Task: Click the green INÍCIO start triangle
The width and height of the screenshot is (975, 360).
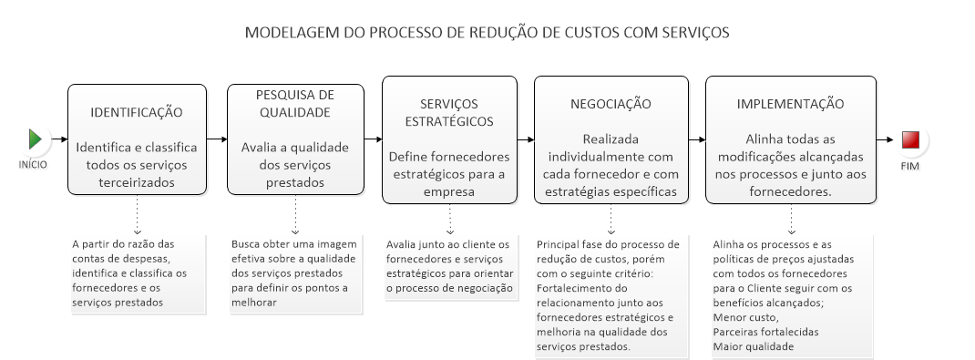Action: click(x=35, y=139)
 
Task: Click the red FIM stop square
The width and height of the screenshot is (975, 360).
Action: click(x=910, y=139)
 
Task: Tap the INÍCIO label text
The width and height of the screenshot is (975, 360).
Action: click(x=33, y=165)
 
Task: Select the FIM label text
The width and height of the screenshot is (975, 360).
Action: click(x=910, y=166)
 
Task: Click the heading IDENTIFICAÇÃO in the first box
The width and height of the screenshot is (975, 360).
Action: click(x=137, y=112)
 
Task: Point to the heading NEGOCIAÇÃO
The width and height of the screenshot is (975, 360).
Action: click(x=611, y=104)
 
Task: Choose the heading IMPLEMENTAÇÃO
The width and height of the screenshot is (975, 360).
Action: click(x=790, y=104)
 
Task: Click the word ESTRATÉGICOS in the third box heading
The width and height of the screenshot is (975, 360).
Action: click(x=449, y=121)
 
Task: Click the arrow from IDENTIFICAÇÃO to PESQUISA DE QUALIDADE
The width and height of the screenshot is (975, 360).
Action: click(x=217, y=139)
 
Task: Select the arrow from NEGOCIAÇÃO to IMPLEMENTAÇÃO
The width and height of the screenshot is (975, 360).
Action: click(x=697, y=139)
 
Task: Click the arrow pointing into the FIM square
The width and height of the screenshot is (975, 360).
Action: click(x=885, y=139)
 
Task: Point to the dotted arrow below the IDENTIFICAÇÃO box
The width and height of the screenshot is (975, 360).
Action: click(x=138, y=214)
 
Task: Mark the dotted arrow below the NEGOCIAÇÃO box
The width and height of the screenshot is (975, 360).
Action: click(x=611, y=219)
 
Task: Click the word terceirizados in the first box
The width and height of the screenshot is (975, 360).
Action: click(x=137, y=182)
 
